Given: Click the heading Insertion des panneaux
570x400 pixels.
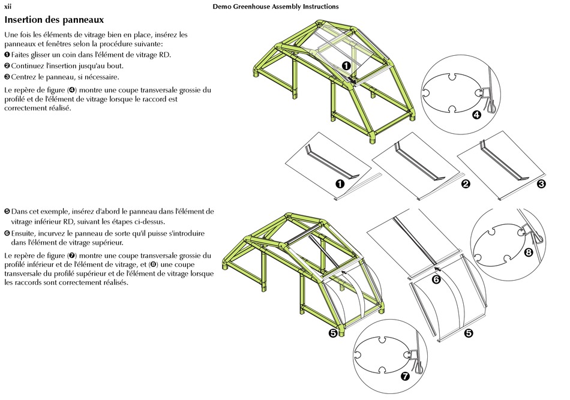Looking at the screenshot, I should pos(54,20).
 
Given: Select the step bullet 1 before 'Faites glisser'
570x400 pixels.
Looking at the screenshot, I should pos(7,55).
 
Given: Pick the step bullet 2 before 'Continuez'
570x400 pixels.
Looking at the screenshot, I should pos(7,66).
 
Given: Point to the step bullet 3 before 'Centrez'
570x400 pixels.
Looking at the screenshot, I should pos(7,77).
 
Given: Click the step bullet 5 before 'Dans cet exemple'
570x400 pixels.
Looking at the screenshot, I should pos(7,212).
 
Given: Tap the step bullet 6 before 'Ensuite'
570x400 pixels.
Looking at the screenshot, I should pos(7,233).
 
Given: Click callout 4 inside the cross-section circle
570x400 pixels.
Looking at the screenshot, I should pos(476,115).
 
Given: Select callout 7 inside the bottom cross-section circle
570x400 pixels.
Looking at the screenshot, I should pos(404,376).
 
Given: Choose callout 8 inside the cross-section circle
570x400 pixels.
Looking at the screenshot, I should pos(528,252).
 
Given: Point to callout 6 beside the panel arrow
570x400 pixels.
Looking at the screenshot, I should pos(436,279).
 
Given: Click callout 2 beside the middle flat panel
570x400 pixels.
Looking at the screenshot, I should pos(466,184).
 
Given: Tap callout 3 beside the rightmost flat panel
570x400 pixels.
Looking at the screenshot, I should pos(541,184).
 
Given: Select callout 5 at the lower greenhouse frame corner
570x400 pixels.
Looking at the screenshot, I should pos(333,333).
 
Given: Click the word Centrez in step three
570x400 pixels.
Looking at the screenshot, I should pos(25,77).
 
